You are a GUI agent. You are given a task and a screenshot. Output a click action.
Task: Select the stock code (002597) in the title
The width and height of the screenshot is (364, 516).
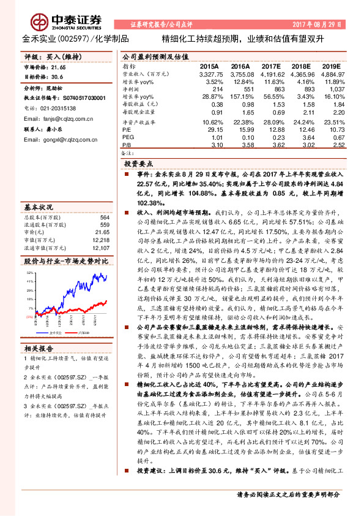pyautogui.click(x=70, y=38)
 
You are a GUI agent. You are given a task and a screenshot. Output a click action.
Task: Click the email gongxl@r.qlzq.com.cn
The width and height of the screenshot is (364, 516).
pyautogui.click(x=66, y=139)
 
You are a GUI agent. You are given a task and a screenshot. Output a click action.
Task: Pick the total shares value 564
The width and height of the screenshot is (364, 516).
pyautogui.click(x=105, y=218)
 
